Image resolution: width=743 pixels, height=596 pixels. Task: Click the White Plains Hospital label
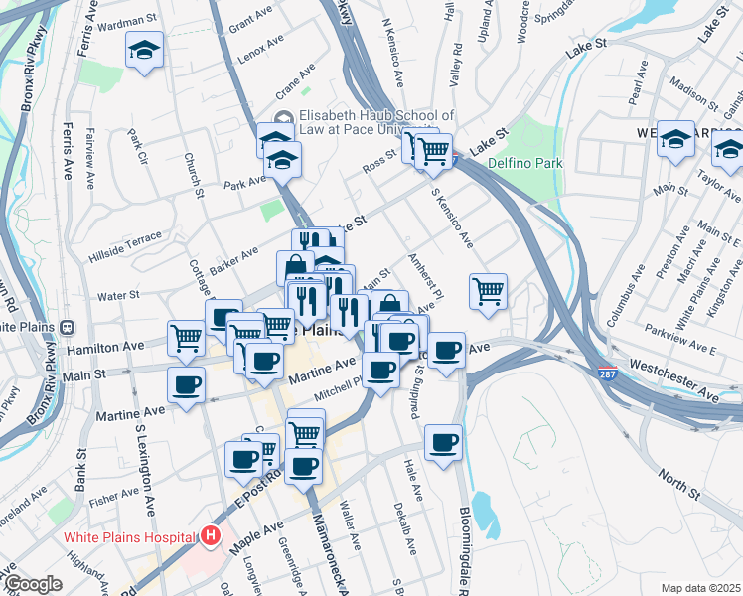coord(130,537)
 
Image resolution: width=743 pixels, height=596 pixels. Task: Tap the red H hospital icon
coord(210,537)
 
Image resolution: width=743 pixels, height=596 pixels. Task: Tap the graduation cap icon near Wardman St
coord(144,50)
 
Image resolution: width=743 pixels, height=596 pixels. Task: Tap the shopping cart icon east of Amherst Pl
coord(488,292)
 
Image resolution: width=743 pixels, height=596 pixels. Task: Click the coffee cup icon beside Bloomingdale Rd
coord(444,443)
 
